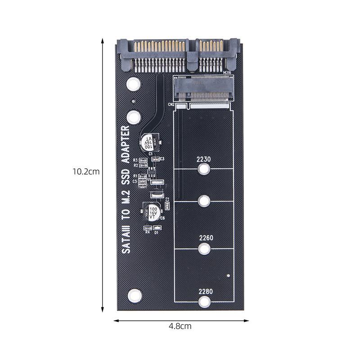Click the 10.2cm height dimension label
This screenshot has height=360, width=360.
coord(85,171)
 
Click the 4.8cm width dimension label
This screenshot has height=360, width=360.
coord(180,326)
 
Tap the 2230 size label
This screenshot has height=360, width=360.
coord(204,159)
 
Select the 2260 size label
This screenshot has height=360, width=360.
coord(204,238)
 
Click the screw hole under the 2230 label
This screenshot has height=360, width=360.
coord(204,170)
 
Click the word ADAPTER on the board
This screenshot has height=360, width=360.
coord(126,144)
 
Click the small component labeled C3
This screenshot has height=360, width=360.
coord(156,159)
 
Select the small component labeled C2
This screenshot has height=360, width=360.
coord(167,206)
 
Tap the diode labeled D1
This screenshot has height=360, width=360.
coord(156,228)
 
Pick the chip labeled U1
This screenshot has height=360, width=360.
coord(151,172)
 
